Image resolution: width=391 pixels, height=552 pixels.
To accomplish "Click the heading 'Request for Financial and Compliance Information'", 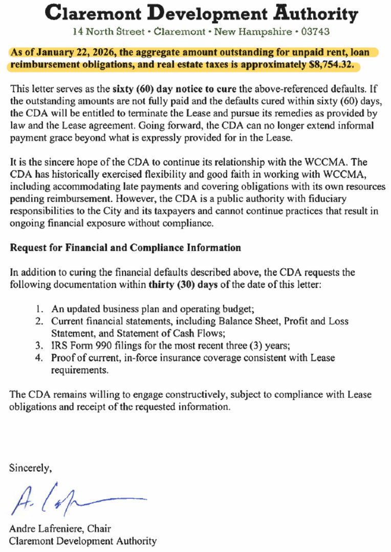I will click(x=125, y=248).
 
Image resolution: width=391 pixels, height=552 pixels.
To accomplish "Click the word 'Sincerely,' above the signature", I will click(x=30, y=467).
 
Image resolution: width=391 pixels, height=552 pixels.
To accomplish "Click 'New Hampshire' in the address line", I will click(x=246, y=31).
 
